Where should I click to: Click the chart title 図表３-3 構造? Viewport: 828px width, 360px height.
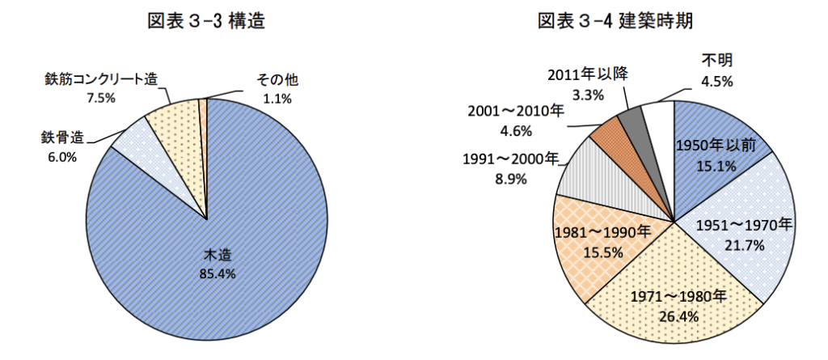206,22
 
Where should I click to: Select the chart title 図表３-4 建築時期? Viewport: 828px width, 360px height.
615,22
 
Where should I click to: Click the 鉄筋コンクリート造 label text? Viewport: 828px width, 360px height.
101,80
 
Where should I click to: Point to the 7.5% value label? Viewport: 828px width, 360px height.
102,98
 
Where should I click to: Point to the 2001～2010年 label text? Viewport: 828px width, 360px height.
516,111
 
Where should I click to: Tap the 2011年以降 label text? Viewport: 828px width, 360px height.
588,74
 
